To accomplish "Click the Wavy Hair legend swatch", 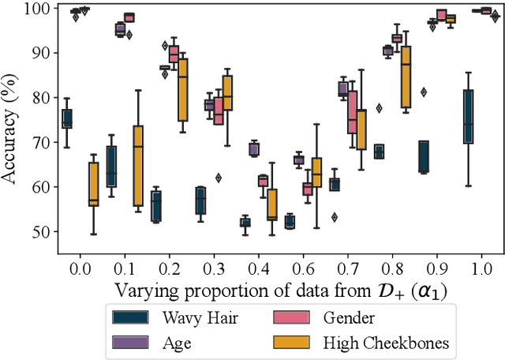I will pyautogui.click(x=131, y=317).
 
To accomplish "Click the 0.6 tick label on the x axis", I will pyautogui.click(x=293, y=268).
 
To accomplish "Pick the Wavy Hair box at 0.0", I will pyautogui.click(x=67, y=118).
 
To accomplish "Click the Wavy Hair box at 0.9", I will pyautogui.click(x=424, y=156).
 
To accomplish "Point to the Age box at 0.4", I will pyautogui.click(x=254, y=149).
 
